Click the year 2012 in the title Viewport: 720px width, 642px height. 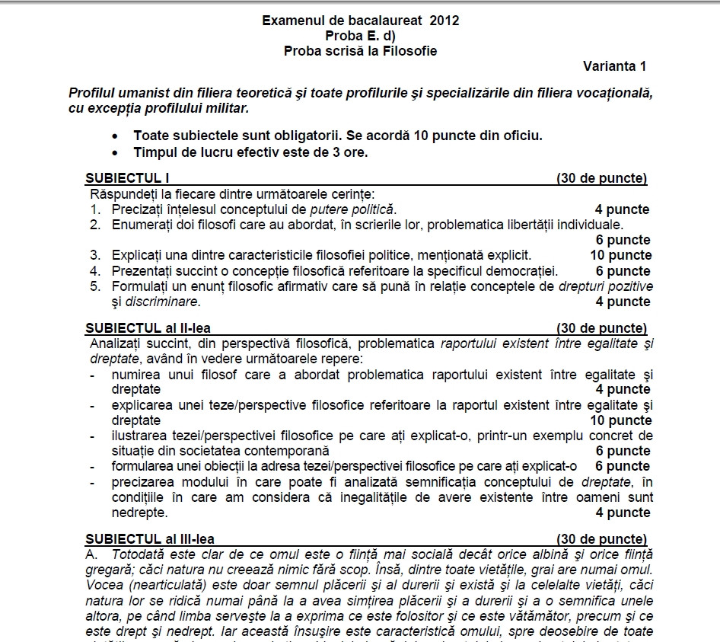[444, 21]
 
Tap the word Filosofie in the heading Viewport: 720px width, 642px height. [410, 51]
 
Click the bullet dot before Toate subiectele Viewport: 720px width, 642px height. [115, 136]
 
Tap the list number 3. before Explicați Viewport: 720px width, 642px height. [95, 255]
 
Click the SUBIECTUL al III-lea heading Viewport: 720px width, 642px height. [150, 538]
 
